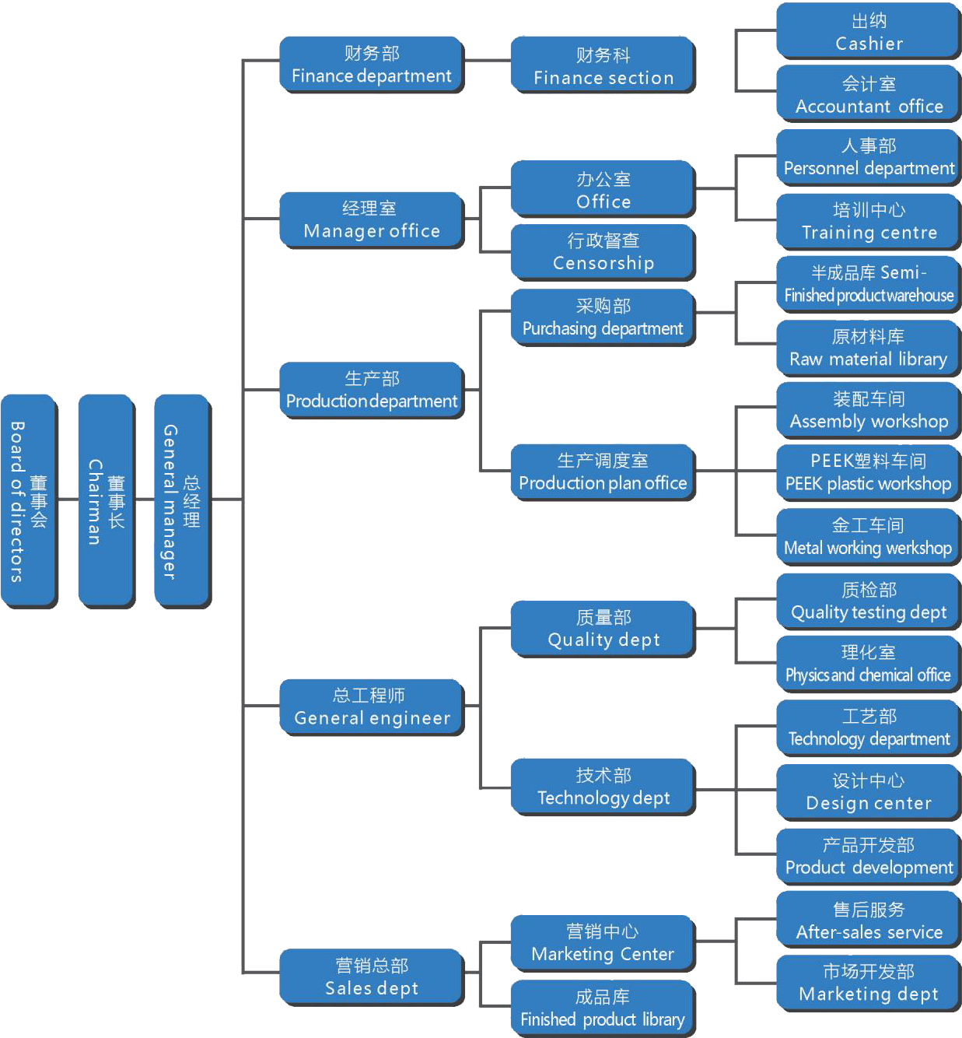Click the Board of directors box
pos(29,501)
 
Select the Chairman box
pos(107,501)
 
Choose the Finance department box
pos(371,65)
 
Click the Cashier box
pos(869,31)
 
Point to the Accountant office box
pos(869,94)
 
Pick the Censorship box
pos(603,252)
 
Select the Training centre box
pos(869,221)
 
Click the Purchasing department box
pos(603,317)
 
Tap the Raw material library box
pos(869,348)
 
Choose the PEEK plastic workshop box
pos(869,472)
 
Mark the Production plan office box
pos(603,472)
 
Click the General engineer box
pos(372,707)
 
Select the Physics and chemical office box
pos(869,664)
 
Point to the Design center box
pos(869,792)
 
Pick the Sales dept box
pos(372,977)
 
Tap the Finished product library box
pos(603,1008)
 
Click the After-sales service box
pos(869,921)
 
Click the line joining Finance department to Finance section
pos(488,61)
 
